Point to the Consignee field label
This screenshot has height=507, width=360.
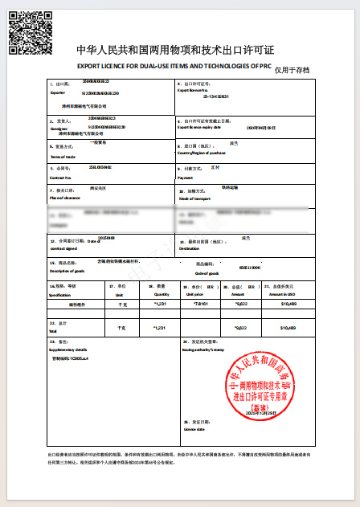coord(59,127)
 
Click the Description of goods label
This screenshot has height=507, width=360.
coord(68,271)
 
